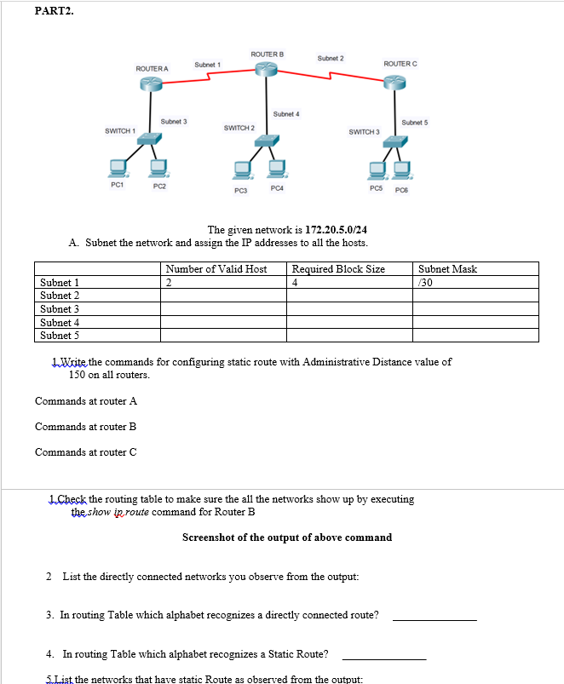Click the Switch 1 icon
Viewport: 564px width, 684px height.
(x=151, y=136)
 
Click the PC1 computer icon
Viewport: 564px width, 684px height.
(x=117, y=167)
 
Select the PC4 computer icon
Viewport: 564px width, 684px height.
(x=275, y=170)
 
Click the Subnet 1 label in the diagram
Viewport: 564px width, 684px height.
(x=207, y=65)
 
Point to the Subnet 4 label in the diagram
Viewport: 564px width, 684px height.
(x=285, y=113)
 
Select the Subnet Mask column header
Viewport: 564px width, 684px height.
(x=447, y=269)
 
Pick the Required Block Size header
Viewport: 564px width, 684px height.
(x=338, y=269)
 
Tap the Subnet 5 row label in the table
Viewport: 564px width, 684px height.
(x=60, y=335)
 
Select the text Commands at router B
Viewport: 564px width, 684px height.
(x=85, y=426)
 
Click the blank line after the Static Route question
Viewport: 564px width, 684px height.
(x=383, y=658)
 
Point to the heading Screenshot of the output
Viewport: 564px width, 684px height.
(x=287, y=537)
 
